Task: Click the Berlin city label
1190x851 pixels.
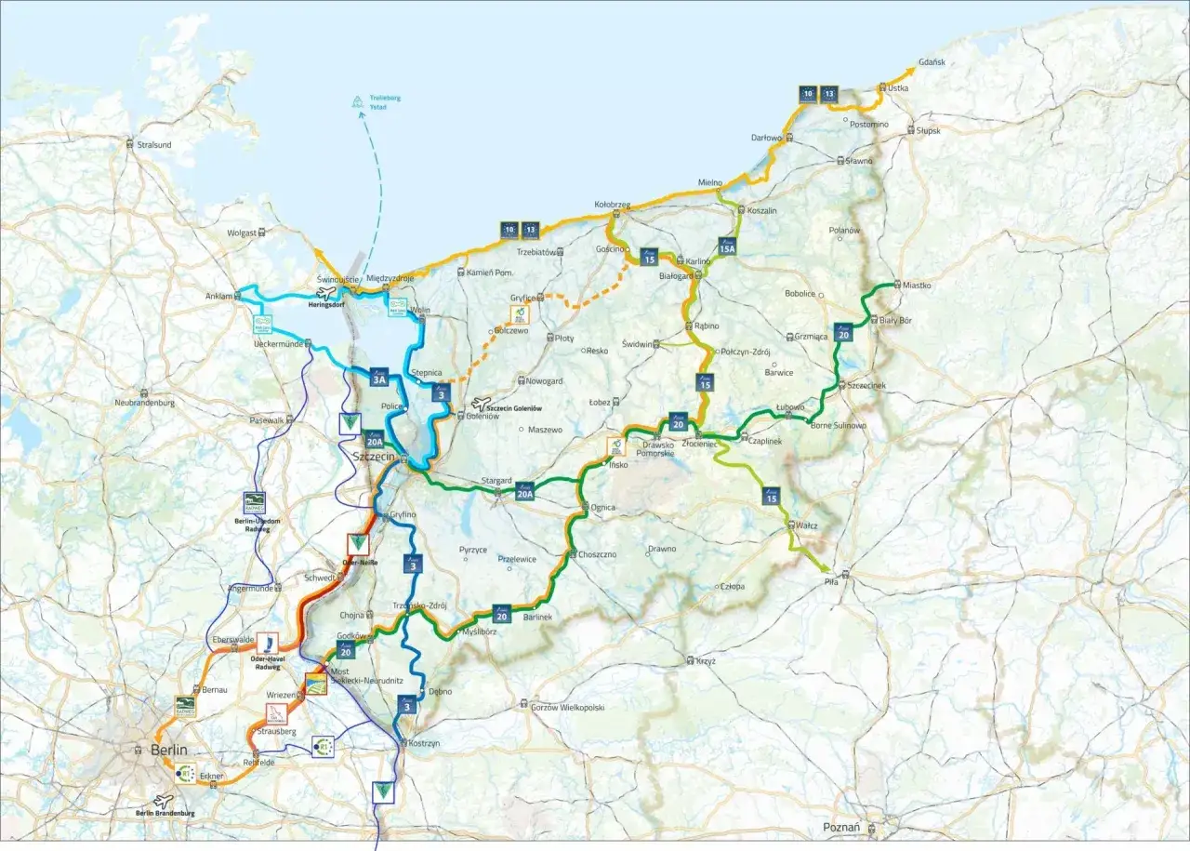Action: click(169, 750)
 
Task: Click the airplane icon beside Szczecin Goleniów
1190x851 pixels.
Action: click(480, 404)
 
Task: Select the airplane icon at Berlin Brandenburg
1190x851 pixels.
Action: click(164, 800)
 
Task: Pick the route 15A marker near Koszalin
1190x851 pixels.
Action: click(727, 246)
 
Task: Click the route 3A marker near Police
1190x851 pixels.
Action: click(378, 378)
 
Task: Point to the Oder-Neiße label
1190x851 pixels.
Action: click(358, 562)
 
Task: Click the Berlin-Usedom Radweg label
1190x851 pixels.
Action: click(253, 525)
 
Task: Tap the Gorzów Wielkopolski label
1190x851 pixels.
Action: click(567, 708)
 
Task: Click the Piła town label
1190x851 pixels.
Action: click(831, 583)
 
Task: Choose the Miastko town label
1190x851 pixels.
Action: click(917, 286)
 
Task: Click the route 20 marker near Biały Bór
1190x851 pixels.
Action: click(843, 331)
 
